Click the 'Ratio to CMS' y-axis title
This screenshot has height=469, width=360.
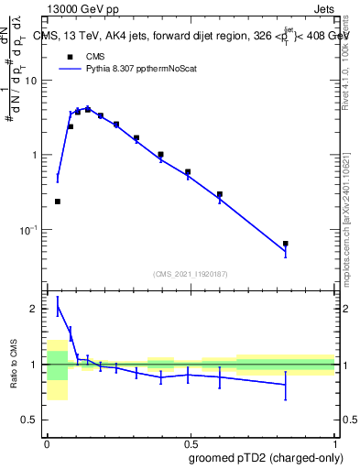[14, 365]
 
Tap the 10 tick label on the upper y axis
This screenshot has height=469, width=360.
[31, 81]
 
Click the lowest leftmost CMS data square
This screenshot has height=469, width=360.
[58, 202]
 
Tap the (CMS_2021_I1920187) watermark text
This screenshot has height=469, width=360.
[190, 273]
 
